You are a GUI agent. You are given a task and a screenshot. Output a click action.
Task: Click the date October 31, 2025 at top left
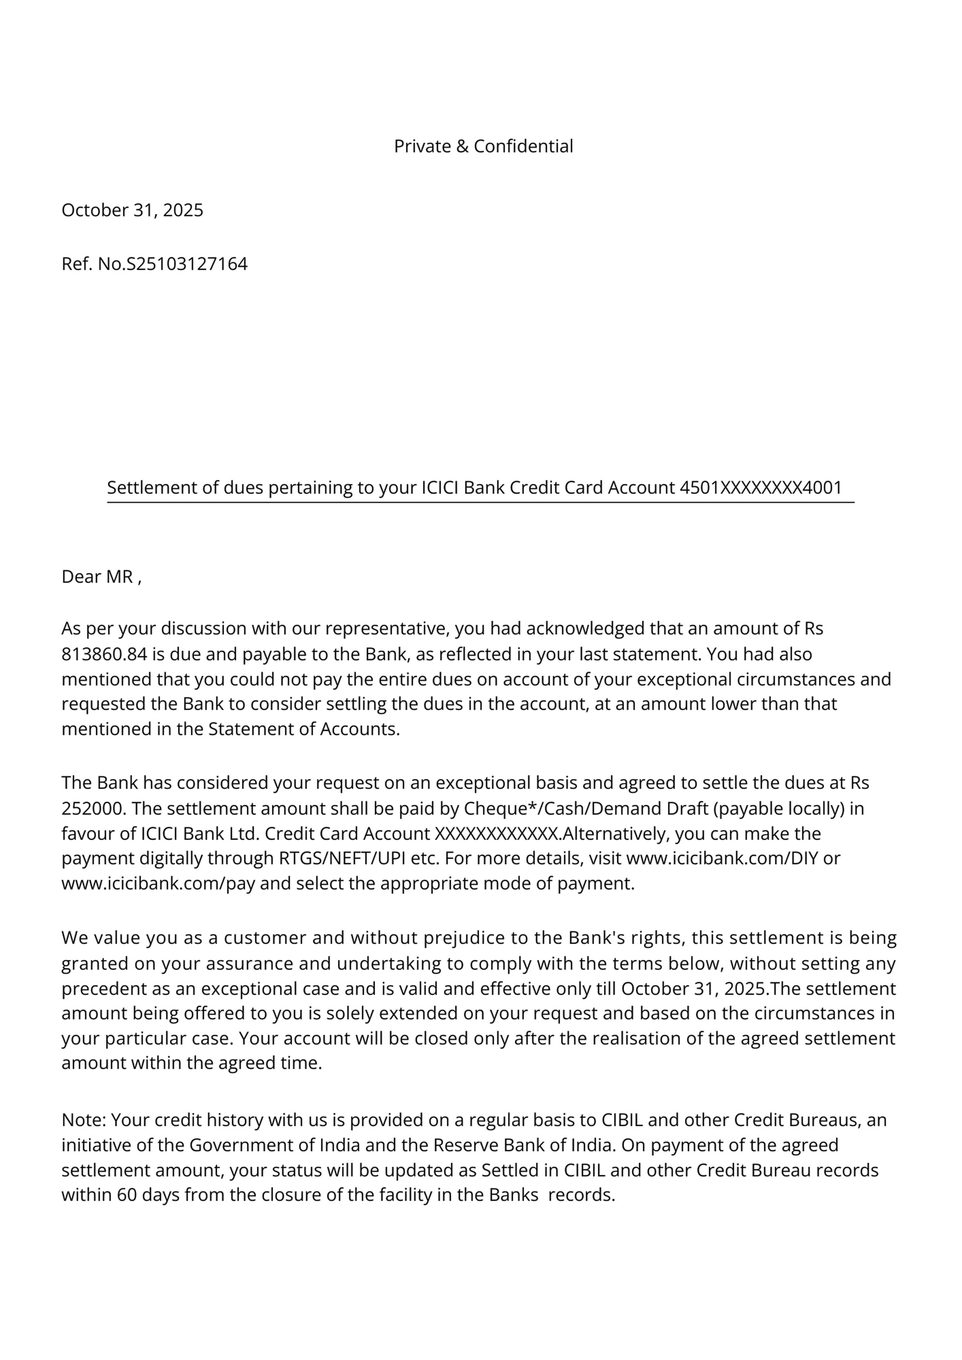pyautogui.click(x=132, y=210)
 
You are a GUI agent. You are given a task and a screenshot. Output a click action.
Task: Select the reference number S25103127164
pyautogui.click(x=187, y=264)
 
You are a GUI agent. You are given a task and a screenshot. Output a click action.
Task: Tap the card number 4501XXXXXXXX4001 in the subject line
pyautogui.click(x=760, y=487)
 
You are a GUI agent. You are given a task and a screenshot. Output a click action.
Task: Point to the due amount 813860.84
pyautogui.click(x=104, y=654)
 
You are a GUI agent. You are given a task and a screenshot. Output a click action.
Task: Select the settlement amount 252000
pyautogui.click(x=89, y=809)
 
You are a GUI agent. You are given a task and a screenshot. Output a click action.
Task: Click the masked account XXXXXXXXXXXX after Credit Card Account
pyautogui.click(x=497, y=834)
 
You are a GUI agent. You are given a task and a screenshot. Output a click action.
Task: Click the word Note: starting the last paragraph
pyautogui.click(x=83, y=1120)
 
